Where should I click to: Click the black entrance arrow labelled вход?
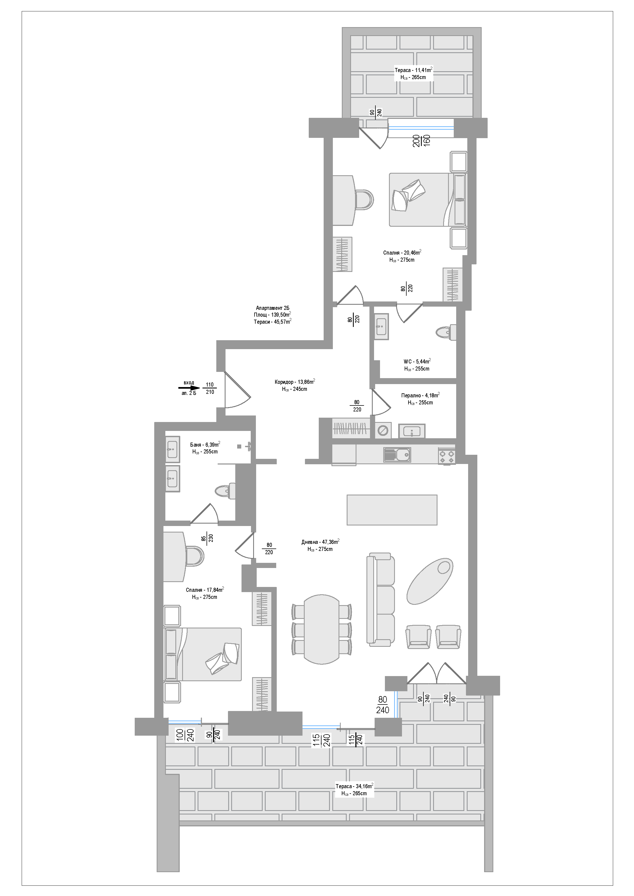point(189,388)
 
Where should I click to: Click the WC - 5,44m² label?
point(417,361)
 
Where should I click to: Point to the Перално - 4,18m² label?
point(420,395)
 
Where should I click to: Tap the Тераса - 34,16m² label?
point(354,786)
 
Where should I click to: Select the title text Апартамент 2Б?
point(273,308)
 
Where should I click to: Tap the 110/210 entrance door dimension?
point(210,388)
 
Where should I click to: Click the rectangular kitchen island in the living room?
point(392,510)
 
